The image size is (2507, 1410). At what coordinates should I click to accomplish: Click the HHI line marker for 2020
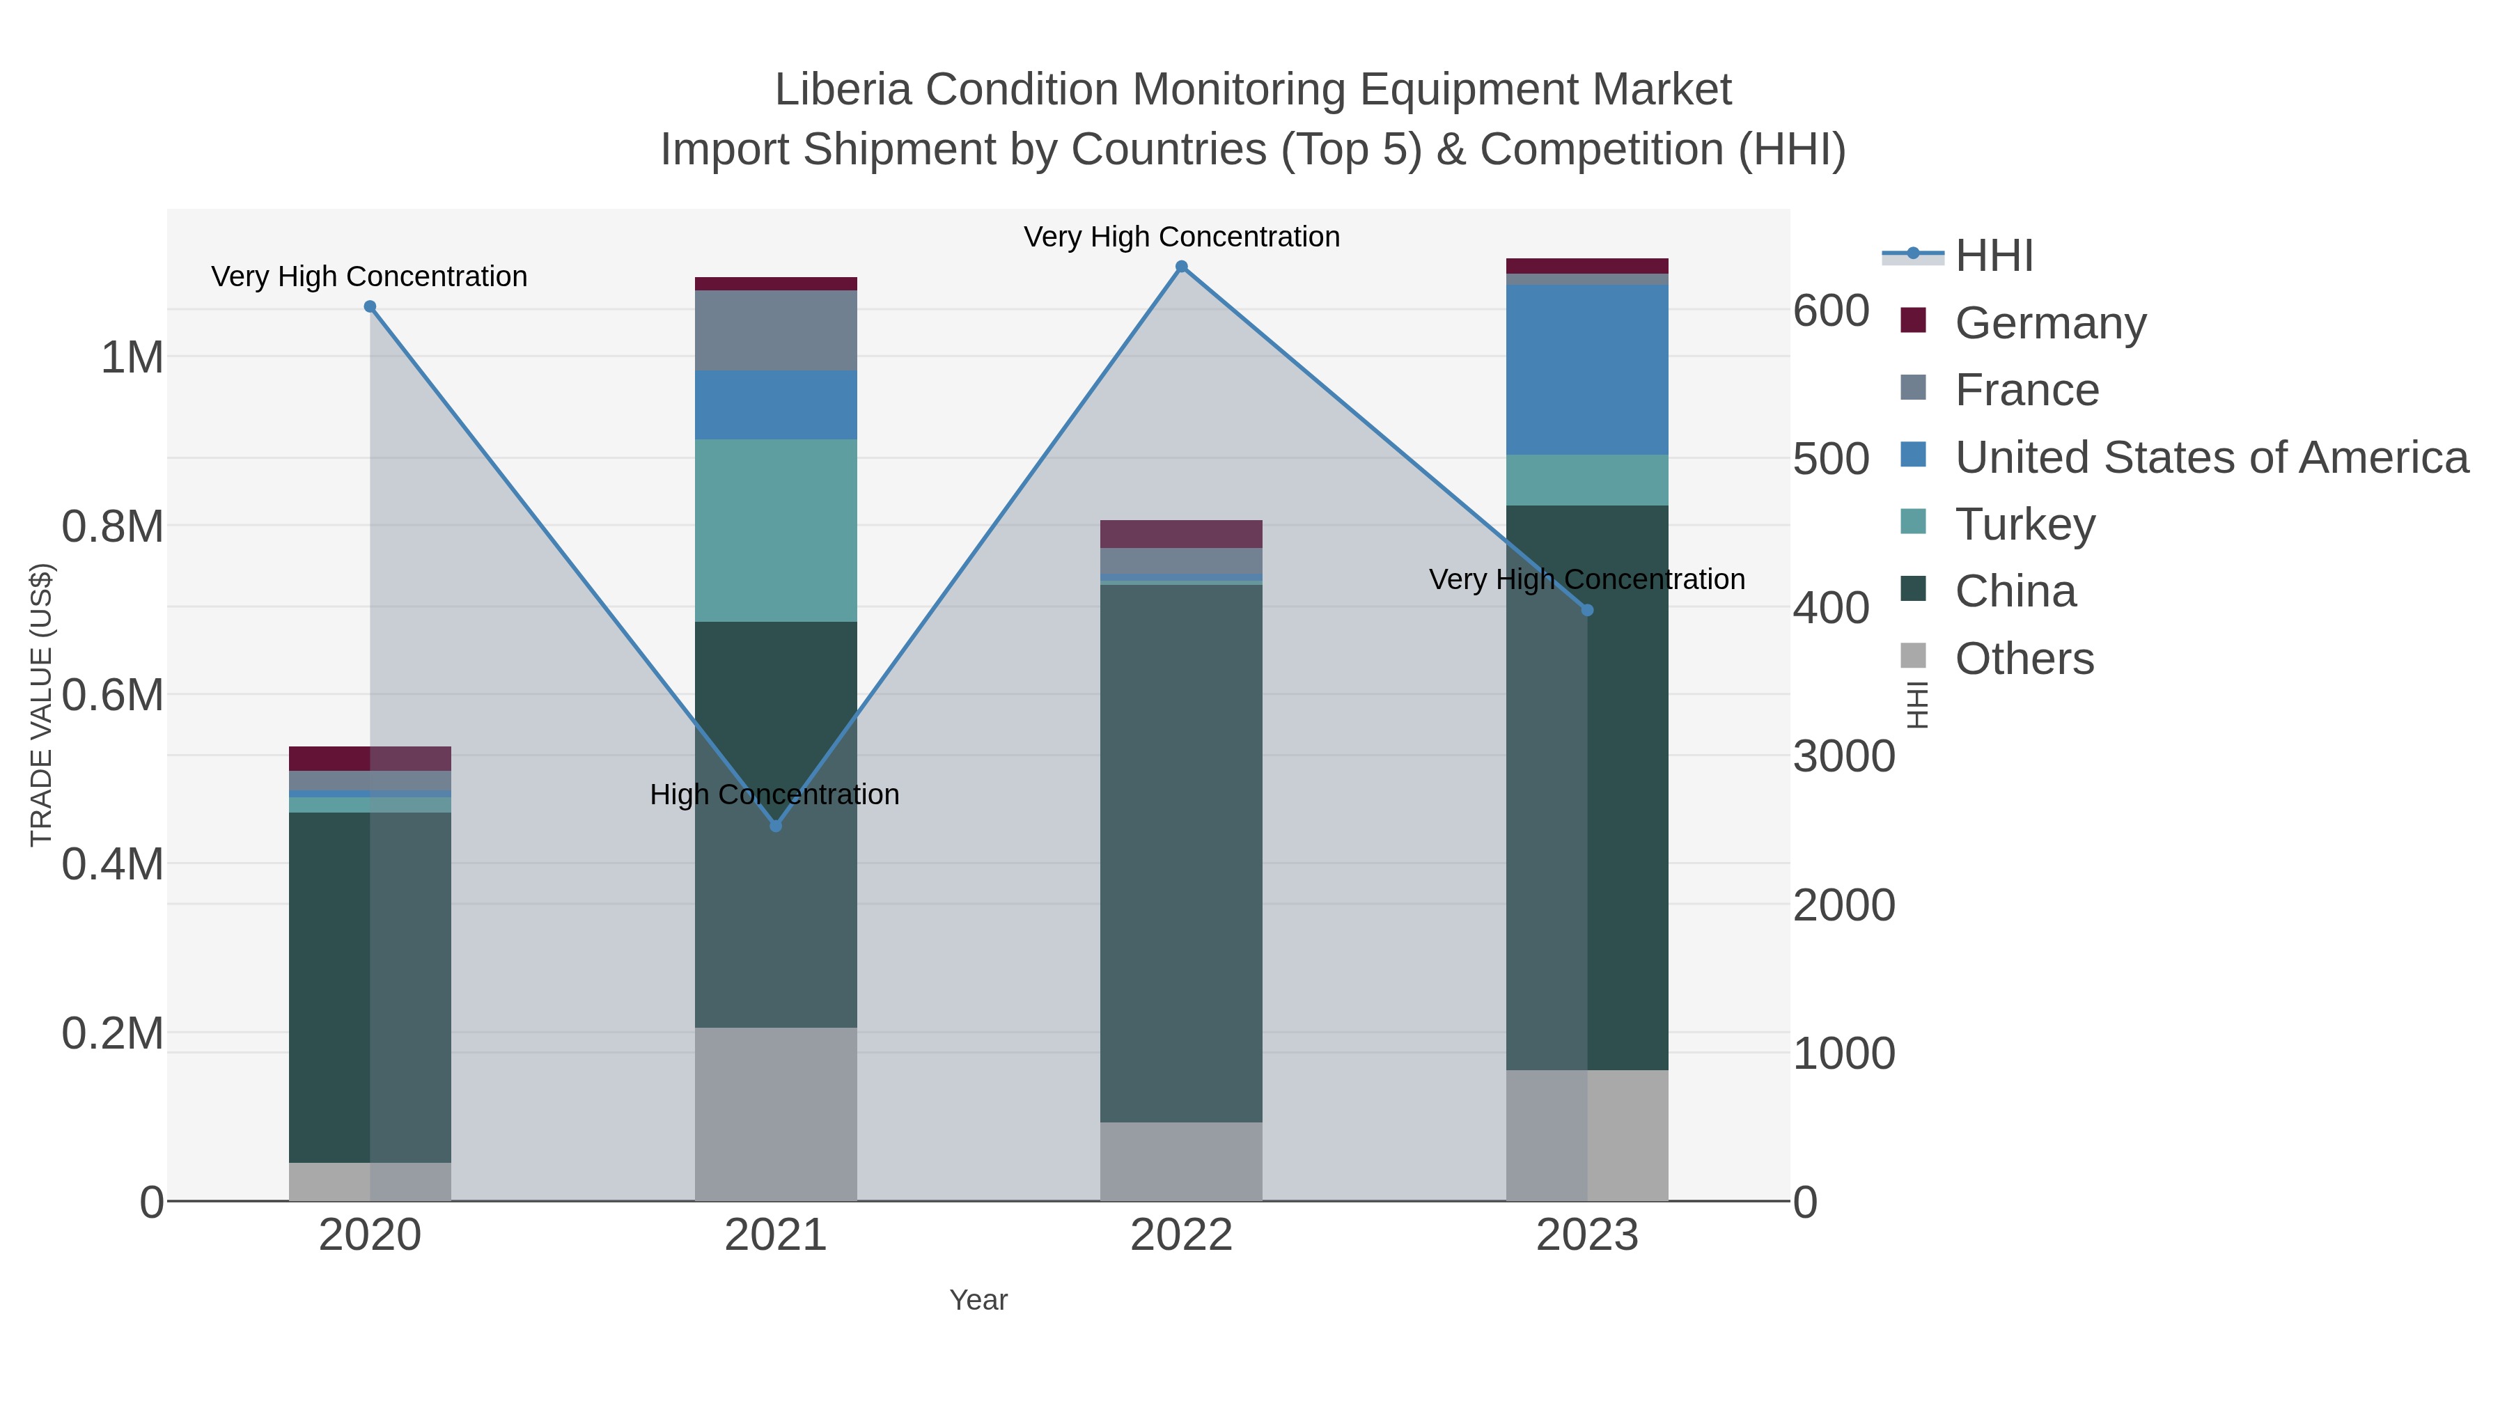(370, 306)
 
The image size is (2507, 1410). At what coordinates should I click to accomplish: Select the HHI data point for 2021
(776, 826)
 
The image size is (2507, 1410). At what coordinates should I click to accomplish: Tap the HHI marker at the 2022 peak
(1182, 267)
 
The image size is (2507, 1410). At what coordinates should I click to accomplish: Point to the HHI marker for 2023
(1587, 610)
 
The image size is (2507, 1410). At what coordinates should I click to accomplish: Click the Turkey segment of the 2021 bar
(776, 531)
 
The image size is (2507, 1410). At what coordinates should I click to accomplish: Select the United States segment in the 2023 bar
(1587, 370)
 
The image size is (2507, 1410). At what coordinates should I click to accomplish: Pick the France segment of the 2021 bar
(776, 330)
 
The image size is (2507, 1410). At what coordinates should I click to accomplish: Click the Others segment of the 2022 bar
(1182, 1161)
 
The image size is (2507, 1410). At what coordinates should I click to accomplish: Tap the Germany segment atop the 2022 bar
(1182, 534)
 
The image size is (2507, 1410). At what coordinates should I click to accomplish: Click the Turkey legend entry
(2024, 524)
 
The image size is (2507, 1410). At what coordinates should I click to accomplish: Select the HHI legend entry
(1993, 256)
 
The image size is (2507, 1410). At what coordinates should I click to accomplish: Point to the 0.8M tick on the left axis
(113, 527)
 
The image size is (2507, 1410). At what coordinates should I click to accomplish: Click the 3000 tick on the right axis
(1843, 757)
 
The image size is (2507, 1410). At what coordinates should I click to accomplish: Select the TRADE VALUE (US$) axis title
(41, 705)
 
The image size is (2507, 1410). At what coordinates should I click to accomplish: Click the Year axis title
(978, 1300)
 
